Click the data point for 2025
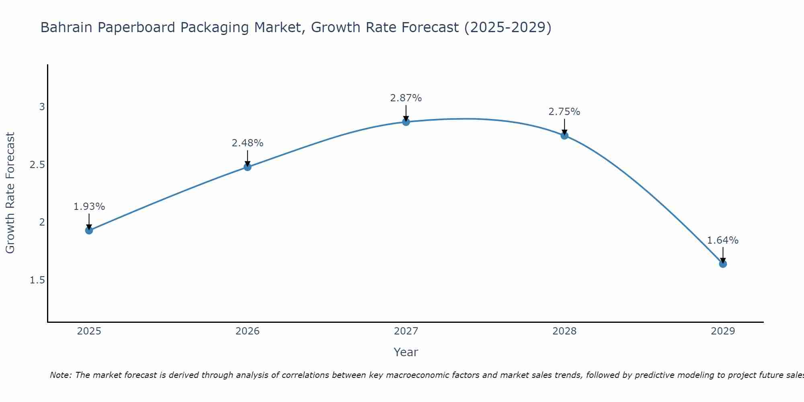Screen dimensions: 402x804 pos(89,230)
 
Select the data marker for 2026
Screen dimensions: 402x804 pos(248,167)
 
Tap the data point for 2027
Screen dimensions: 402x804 pos(406,122)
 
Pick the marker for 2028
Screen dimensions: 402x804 pos(564,135)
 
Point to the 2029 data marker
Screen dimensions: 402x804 pos(723,264)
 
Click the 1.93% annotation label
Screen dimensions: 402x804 pos(89,207)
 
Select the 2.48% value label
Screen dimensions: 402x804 pos(248,143)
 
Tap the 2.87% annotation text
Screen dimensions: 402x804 pos(406,98)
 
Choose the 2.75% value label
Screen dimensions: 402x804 pos(564,112)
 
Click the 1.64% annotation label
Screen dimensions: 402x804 pos(723,240)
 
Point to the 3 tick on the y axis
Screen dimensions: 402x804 pos(42,107)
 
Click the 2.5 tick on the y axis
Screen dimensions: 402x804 pos(37,165)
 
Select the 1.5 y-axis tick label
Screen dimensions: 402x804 pos(37,280)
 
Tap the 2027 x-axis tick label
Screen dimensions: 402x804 pos(406,331)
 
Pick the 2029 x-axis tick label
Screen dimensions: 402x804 pos(723,331)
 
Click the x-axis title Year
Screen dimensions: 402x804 pos(406,352)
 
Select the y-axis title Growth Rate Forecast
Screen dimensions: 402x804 pos(10,193)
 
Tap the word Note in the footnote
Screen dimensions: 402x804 pos(60,375)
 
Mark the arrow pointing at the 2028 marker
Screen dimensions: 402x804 pos(564,127)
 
